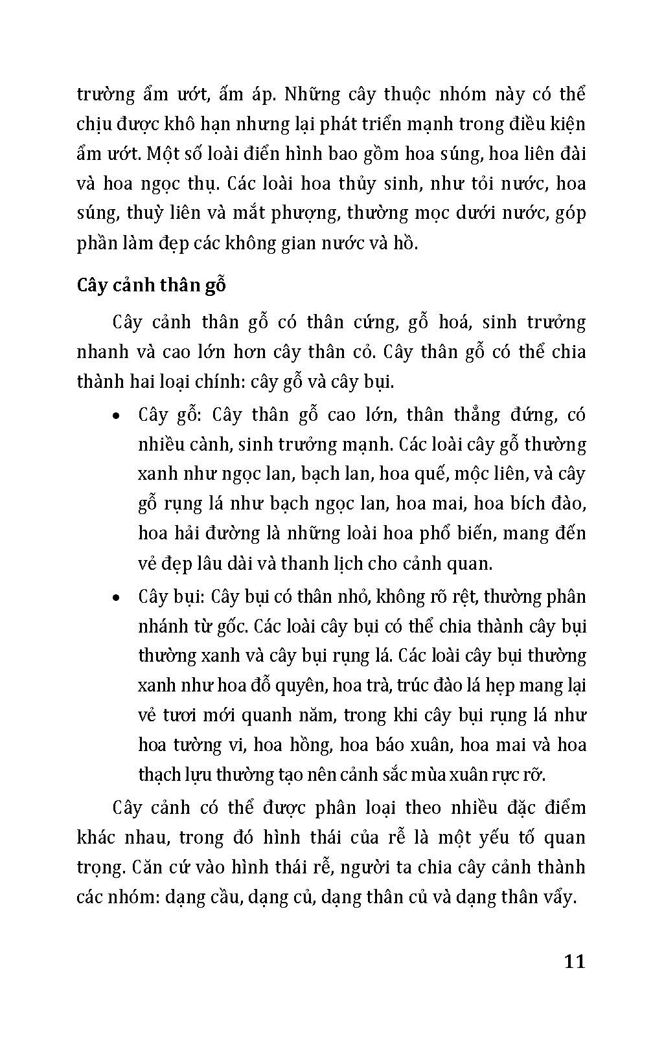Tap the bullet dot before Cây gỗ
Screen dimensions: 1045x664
[115, 417]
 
